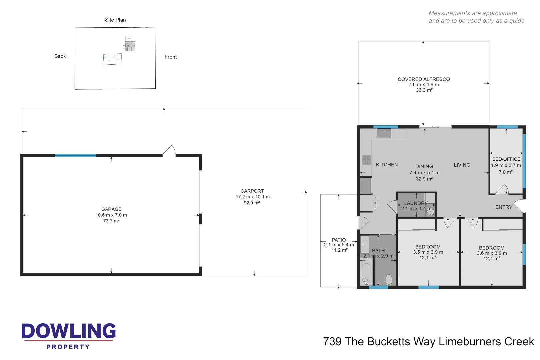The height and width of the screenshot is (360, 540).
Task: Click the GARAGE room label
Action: pos(111,209)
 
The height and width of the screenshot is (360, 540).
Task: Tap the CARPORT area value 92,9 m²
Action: pos(252,203)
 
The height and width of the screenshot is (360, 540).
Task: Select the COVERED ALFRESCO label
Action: pos(424,79)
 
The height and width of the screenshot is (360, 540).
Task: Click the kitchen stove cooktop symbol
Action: pos(366,160)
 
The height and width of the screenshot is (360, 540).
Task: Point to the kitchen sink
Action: pos(384,133)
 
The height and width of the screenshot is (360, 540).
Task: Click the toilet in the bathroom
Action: pos(389,279)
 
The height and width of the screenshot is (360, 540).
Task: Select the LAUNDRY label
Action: pos(416,203)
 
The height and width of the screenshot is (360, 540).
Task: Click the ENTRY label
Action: pos(504,207)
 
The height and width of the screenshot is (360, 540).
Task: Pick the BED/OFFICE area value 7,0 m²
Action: pos(506,172)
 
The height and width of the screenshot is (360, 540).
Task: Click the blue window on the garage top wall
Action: pos(75,155)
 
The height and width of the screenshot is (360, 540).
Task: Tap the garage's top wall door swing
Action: pos(170,151)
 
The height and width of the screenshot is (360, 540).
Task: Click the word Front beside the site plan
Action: pos(171,57)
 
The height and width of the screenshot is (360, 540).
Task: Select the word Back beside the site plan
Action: pos(60,56)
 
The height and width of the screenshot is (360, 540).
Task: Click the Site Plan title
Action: pos(115,20)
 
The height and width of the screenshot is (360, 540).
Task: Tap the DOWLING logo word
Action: pos(69,331)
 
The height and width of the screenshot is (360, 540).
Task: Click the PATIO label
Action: pos(339,240)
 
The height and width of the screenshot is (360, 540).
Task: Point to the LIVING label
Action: pos(462,165)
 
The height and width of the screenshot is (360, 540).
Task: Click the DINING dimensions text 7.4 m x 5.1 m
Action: pos(424,172)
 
